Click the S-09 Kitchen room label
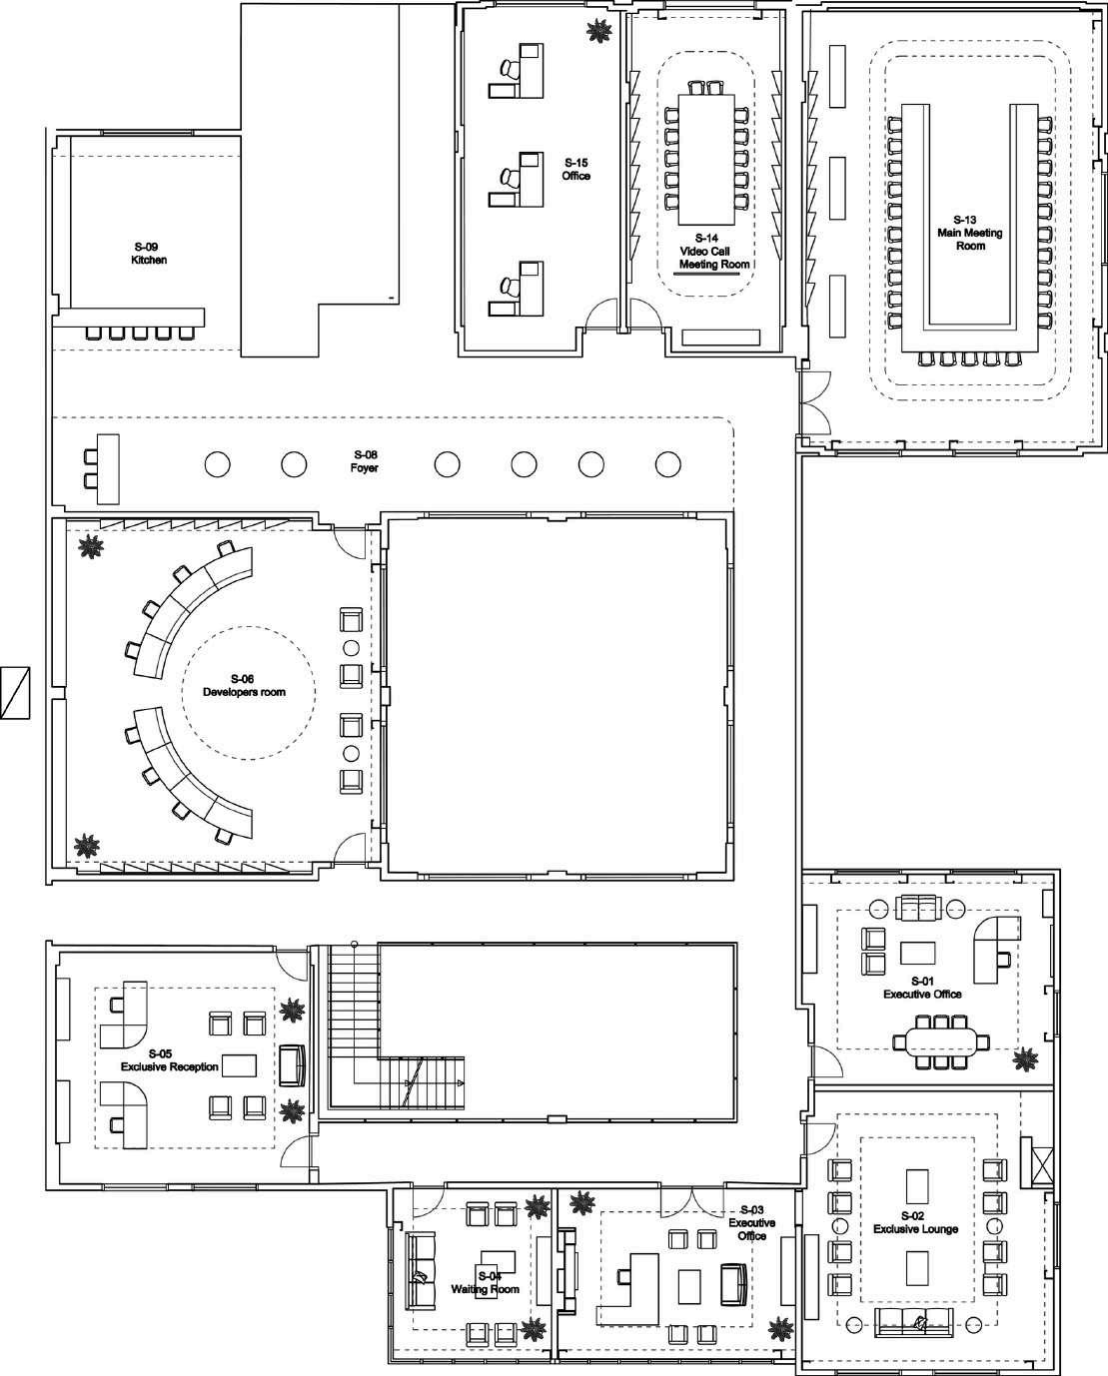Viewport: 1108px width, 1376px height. pos(149,253)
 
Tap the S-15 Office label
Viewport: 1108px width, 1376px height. pos(576,169)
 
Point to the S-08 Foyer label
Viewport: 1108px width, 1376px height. pos(364,461)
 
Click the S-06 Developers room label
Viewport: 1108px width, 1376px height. pos(244,685)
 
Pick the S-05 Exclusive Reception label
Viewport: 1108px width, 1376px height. pos(169,1060)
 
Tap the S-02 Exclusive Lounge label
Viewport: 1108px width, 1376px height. pos(915,1222)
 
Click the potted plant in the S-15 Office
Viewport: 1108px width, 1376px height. pos(599,33)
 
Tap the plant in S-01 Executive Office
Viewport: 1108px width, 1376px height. pos(1025,1060)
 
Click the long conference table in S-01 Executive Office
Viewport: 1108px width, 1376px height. pos(944,1042)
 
